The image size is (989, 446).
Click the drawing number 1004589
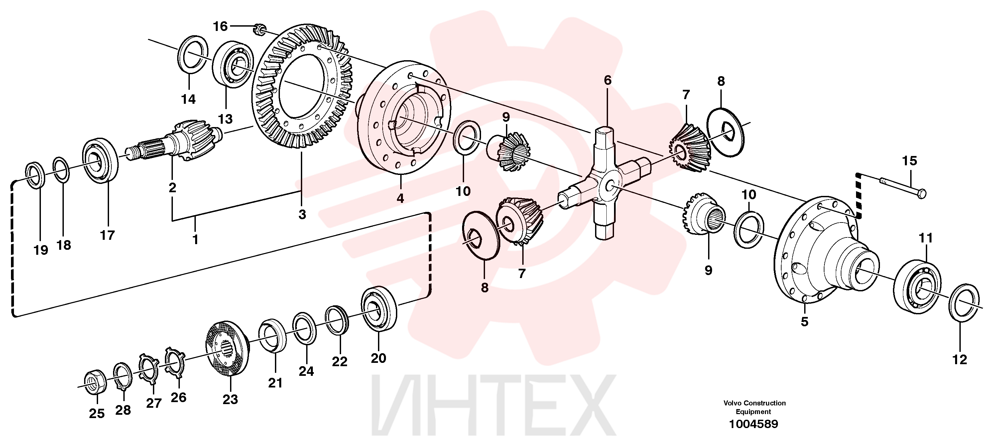coord(753,424)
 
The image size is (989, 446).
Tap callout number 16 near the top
coord(220,26)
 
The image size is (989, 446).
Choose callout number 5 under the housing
coord(804,321)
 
